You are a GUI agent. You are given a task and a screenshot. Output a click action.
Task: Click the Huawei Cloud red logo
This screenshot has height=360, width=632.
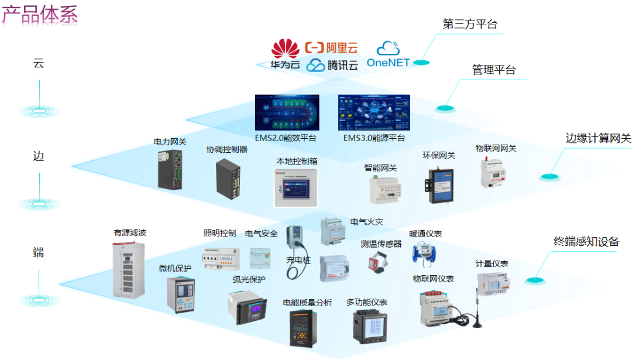tap(284, 47)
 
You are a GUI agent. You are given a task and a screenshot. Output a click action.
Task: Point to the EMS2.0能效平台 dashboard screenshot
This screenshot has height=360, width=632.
tap(287, 112)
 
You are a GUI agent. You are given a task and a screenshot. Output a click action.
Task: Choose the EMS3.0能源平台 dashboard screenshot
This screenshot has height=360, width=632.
tap(374, 112)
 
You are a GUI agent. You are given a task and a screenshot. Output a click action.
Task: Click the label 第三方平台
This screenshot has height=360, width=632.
tap(470, 24)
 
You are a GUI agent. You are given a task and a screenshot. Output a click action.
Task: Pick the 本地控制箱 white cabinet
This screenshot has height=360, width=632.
tap(296, 188)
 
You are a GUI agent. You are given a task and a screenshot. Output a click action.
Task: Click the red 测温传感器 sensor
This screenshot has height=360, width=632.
tap(375, 261)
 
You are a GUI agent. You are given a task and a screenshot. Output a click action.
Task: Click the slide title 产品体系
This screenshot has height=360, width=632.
tap(40, 15)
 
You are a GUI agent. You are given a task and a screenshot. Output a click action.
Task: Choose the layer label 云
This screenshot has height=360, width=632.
tap(39, 63)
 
